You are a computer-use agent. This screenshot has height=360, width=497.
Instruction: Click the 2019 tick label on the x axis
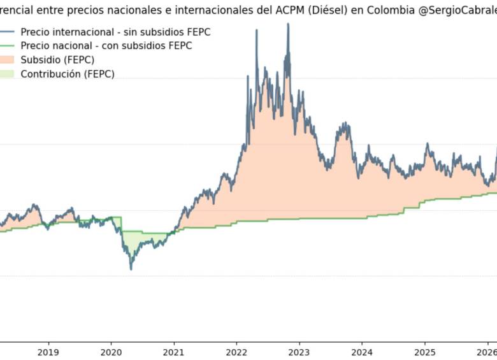tap(48, 352)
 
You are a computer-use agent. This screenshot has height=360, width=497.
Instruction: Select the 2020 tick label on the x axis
tap(111, 352)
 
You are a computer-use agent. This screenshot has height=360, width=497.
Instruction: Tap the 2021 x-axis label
tap(173, 352)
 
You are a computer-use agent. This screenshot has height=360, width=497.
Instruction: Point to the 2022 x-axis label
tap(236, 352)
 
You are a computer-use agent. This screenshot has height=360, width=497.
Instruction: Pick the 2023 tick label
tap(299, 352)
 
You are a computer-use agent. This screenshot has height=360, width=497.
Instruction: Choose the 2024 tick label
tap(362, 352)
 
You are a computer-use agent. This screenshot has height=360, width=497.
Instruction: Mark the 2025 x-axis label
tap(425, 352)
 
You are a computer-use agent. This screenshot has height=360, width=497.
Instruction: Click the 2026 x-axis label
tap(487, 352)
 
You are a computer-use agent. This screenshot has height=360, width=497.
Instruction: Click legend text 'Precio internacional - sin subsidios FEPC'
tap(115, 32)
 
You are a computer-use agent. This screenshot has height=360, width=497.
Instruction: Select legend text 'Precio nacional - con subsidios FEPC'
tap(106, 46)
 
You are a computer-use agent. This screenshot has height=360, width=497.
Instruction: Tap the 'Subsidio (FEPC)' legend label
tap(57, 60)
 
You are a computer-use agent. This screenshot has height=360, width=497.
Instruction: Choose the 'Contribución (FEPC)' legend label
tap(68, 74)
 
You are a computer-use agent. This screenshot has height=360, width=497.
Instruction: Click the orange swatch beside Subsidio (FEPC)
tap(7, 60)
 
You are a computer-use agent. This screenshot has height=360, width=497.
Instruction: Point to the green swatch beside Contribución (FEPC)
tap(7, 74)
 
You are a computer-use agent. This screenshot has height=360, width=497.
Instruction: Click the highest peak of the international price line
tap(288, 24)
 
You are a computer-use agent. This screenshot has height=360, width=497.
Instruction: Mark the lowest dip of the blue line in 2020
tap(131, 269)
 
